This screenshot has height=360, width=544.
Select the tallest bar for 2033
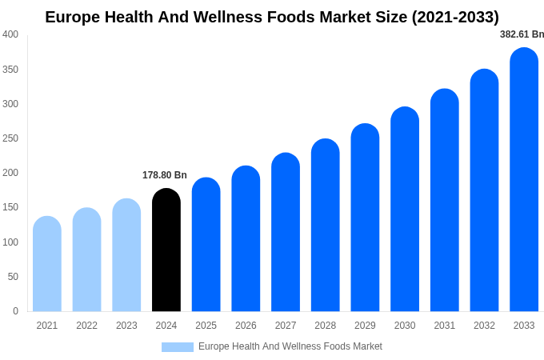(524, 180)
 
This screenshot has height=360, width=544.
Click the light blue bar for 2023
(126, 255)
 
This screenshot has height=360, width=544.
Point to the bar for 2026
(246, 239)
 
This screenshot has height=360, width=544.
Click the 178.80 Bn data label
(165, 175)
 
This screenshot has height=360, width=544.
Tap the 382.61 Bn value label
(522, 34)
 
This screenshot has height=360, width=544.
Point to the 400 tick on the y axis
(10, 34)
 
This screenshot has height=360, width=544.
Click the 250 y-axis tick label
(10, 138)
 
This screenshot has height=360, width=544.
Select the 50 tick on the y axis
(13, 277)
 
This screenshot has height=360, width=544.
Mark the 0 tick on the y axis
(15, 311)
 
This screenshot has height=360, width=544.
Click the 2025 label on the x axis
(206, 326)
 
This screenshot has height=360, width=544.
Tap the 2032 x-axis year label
(484, 326)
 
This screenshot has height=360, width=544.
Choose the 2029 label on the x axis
(365, 326)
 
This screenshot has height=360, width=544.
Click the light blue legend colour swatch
(178, 347)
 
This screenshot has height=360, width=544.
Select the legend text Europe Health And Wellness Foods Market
(290, 346)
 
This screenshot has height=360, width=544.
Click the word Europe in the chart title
(73, 17)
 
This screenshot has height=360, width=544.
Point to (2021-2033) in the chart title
(455, 17)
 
